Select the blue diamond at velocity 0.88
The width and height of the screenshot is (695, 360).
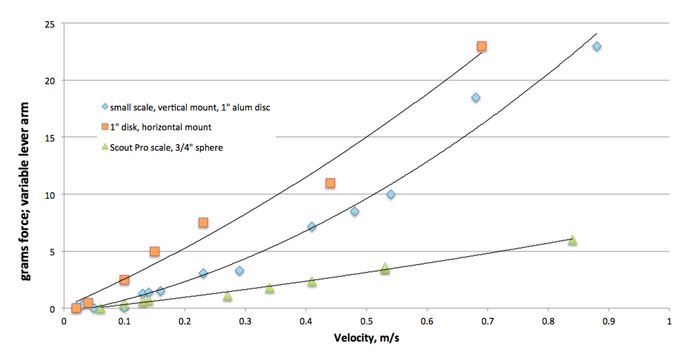597,46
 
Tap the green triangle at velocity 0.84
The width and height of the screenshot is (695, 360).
573,240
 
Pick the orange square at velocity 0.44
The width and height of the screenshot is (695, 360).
330,183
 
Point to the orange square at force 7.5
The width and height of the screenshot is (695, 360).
203,222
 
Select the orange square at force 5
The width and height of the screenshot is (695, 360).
155,251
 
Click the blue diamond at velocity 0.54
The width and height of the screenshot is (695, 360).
391,194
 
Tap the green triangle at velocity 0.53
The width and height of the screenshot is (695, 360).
385,268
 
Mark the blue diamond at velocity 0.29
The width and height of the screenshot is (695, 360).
240,270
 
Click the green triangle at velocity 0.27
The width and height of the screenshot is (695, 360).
228,296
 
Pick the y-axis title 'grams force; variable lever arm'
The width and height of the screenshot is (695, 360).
26,166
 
